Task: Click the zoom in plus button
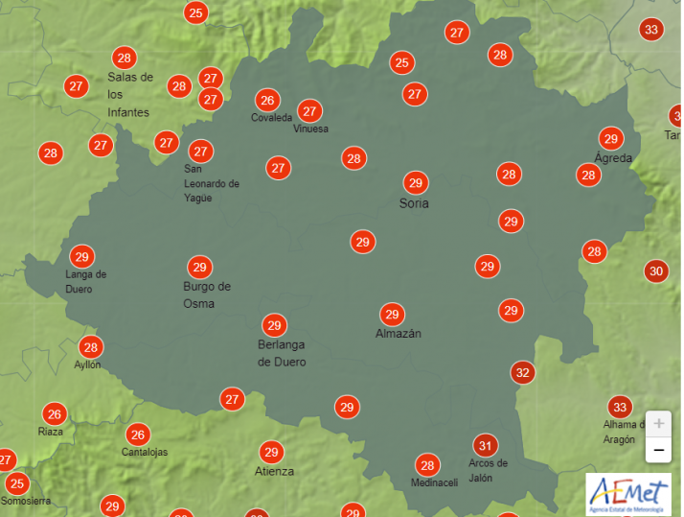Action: click(658, 423)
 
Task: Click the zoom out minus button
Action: click(658, 449)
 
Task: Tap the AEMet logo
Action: click(628, 494)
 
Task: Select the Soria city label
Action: click(414, 203)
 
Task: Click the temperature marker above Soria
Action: click(415, 182)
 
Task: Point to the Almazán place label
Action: click(398, 334)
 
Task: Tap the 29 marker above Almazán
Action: click(391, 314)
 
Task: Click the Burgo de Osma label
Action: click(206, 294)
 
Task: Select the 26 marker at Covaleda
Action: click(267, 100)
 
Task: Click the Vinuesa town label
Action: click(310, 129)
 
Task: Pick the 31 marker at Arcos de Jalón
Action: click(486, 445)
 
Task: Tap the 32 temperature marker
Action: click(522, 372)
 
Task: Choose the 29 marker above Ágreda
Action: click(610, 138)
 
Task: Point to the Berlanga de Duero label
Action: click(282, 353)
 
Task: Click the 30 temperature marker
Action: click(656, 271)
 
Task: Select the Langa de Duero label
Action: click(85, 281)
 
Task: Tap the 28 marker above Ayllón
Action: click(90, 347)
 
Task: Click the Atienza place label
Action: click(274, 471)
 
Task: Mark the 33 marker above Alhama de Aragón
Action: click(620, 407)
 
